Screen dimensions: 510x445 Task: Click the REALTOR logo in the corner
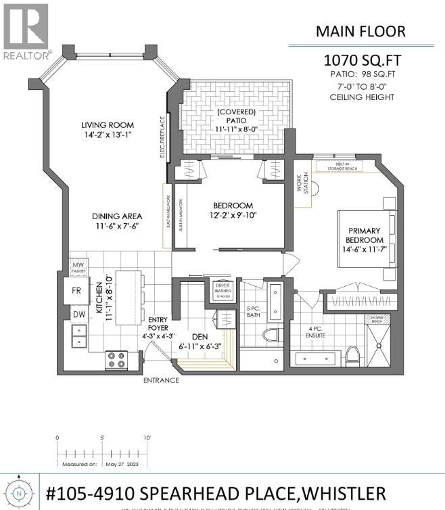pos(25,30)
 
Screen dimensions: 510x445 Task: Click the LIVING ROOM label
pos(108,125)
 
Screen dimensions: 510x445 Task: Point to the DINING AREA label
pos(118,217)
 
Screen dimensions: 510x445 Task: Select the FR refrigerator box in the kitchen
pos(77,291)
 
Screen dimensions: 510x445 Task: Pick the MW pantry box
pos(79,267)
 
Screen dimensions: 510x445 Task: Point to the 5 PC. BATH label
pos(254,312)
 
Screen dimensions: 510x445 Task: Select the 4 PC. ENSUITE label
pos(315,333)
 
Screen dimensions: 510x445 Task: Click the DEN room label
pos(200,336)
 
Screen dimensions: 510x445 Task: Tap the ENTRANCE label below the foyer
pos(160,381)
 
